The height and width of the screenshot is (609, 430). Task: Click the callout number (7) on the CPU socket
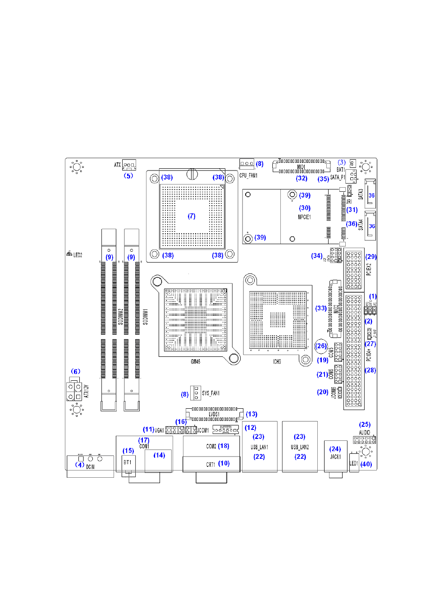(192, 216)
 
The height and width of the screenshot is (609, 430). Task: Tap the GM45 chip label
(195, 362)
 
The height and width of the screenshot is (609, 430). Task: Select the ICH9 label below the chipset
(277, 362)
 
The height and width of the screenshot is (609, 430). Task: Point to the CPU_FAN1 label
(248, 175)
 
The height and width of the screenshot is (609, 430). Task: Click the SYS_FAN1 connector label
(211, 393)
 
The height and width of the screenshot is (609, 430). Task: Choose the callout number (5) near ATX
(128, 176)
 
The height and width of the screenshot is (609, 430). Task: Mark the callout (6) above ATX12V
(76, 372)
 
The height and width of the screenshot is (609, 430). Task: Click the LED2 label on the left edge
(77, 255)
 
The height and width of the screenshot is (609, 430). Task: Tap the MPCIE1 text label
(304, 217)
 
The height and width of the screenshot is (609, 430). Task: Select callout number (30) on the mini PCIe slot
(305, 208)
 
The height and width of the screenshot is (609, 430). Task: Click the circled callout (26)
(321, 346)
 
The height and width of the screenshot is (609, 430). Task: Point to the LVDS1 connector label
(214, 414)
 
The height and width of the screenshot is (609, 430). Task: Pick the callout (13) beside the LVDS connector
(252, 414)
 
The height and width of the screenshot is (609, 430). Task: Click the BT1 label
(128, 462)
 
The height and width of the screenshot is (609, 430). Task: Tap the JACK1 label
(335, 457)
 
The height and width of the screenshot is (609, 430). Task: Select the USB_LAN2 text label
(300, 447)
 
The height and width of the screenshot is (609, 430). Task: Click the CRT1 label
(210, 464)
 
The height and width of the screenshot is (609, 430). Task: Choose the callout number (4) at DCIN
(80, 465)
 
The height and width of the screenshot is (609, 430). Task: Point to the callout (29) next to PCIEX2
(371, 257)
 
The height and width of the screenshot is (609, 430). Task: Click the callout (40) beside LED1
(366, 464)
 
